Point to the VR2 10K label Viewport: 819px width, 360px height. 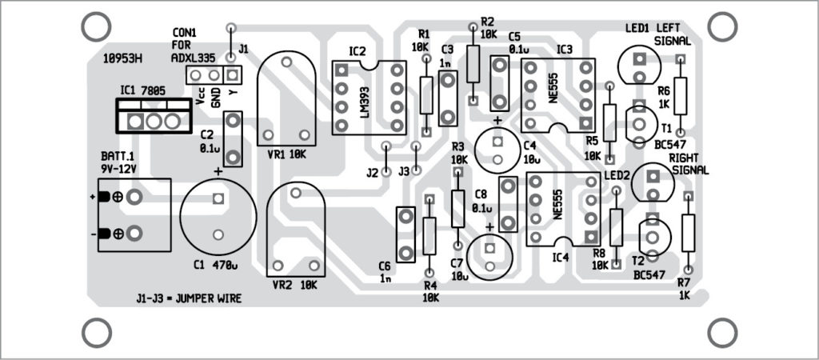[295, 284]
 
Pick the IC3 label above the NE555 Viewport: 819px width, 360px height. [565, 49]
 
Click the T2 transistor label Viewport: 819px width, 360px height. [638, 262]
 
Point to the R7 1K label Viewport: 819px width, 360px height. [684, 289]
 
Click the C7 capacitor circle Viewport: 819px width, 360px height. [489, 255]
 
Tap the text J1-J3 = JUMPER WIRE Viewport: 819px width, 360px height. [188, 299]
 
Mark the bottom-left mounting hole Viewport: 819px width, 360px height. [96, 332]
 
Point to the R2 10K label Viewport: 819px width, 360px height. [488, 27]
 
